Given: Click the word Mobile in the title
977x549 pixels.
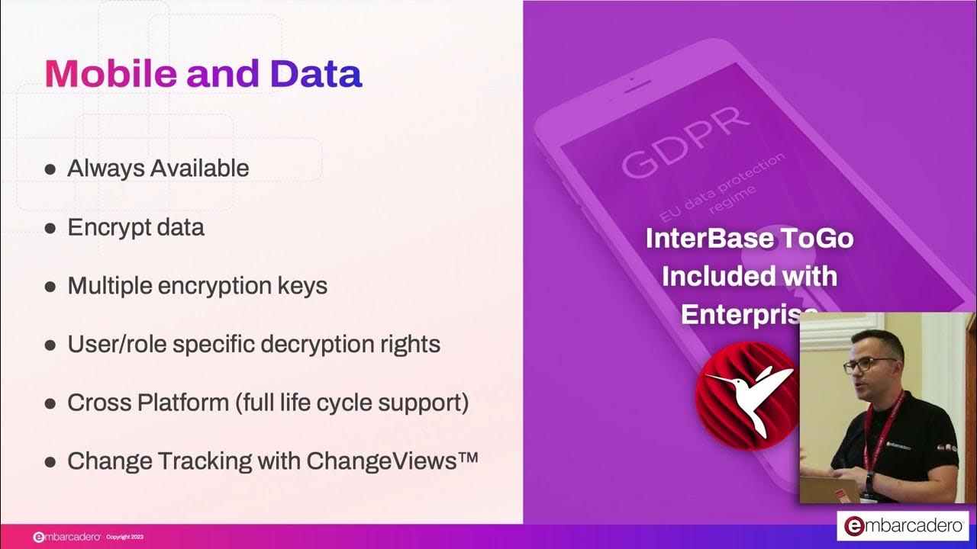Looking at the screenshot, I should coord(111,74).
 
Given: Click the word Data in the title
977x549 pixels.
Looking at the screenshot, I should coord(316,74).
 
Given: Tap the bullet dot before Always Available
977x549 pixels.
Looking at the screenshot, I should coord(50,169).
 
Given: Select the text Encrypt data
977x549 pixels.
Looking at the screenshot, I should coord(136,227).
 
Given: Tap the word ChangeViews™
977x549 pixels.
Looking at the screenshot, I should coord(392,461).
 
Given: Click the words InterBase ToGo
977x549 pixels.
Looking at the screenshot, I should coord(749,239).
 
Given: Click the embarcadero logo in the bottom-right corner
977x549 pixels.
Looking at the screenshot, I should coord(903,526).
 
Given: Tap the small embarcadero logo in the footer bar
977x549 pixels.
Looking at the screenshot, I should coord(67,538).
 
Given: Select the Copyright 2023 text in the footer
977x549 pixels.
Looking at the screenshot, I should coord(124,538).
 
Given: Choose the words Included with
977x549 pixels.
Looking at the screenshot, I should coord(749,275).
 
